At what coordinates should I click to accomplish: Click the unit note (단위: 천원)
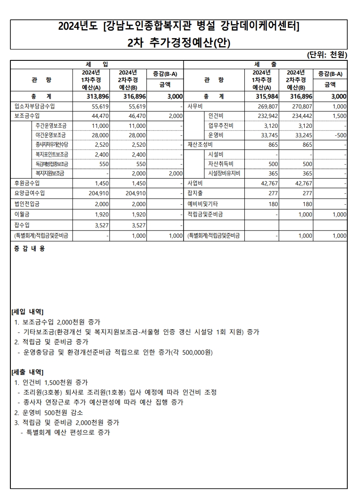pyautogui.click(x=327, y=55)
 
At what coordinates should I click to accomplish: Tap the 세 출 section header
pyautogui.click(x=265, y=64)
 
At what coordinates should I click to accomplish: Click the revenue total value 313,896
pyautogui.click(x=98, y=97)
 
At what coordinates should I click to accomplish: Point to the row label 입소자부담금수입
pyautogui.click(x=34, y=107)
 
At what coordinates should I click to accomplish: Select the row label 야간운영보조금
pyautogui.click(x=51, y=135)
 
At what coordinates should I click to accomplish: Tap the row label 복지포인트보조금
pyautogui.click(x=51, y=154)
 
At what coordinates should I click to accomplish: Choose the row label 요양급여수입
pyautogui.click(x=30, y=193)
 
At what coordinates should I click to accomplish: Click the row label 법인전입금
pyautogui.click(x=27, y=204)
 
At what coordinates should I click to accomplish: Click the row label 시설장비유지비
pyautogui.click(x=224, y=174)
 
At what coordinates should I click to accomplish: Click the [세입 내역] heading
pyautogui.click(x=27, y=312)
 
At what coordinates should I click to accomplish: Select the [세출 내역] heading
pyautogui.click(x=27, y=372)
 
